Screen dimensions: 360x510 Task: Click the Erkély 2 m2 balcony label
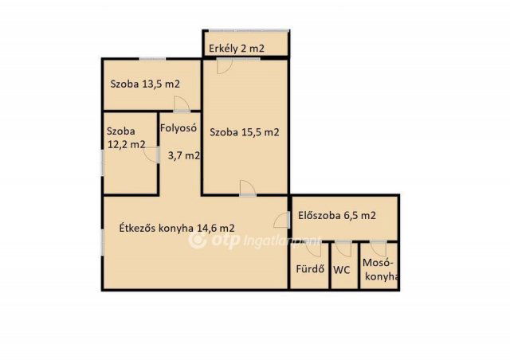pos(237,49)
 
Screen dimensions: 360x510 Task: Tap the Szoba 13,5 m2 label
pos(144,84)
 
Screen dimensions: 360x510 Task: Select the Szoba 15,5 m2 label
pos(245,132)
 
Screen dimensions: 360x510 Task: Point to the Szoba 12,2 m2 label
pos(126,138)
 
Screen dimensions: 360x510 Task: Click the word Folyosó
pos(178,127)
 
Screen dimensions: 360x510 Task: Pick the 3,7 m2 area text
pos(183,156)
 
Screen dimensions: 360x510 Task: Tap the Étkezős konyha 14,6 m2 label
pos(176,226)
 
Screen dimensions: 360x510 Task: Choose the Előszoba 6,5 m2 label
pos(336,215)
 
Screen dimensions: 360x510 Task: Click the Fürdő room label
pos(309,268)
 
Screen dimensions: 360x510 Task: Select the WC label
pos(342,269)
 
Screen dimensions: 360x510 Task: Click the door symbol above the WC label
pos(343,248)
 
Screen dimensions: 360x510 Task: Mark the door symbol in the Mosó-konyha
pos(378,248)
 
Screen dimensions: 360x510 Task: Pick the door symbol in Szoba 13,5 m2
pos(182,103)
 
